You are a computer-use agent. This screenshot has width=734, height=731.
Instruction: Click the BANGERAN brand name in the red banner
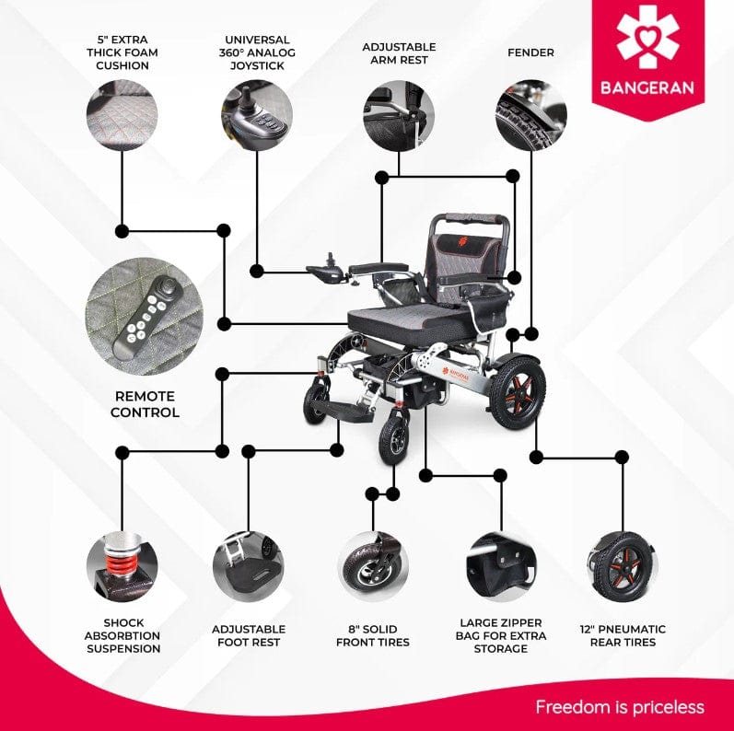[x=647, y=87]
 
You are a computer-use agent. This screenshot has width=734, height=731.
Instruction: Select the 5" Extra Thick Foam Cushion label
[x=122, y=52]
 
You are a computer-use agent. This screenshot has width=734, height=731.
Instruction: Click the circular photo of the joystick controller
[x=257, y=115]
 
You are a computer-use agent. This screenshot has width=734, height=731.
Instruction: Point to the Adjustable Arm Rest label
[x=399, y=53]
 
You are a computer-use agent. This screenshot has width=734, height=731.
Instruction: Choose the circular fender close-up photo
[x=530, y=115]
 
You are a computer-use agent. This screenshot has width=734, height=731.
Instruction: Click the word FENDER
[x=530, y=52]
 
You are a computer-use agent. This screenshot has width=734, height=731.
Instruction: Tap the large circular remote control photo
[x=145, y=317]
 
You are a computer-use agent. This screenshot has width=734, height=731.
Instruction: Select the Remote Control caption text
[x=145, y=404]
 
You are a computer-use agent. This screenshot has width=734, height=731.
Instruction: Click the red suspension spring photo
[x=122, y=567]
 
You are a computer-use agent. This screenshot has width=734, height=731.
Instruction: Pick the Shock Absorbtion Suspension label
[x=123, y=635]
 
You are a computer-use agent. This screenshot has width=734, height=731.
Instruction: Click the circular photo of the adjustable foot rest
[x=249, y=567]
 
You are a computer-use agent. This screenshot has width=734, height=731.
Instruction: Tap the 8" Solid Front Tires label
[x=373, y=635]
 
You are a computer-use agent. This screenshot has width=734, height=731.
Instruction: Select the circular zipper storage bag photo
[x=501, y=567]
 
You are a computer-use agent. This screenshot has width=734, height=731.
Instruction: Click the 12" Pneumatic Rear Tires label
[x=623, y=635]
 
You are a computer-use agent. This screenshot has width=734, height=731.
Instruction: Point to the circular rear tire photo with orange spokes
[x=623, y=567]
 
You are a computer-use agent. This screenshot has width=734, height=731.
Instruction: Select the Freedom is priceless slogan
[x=620, y=707]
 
